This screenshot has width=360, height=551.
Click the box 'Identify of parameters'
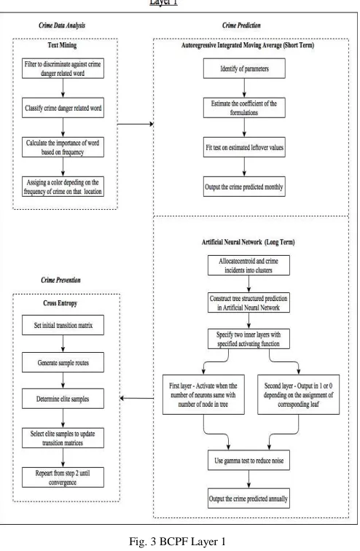(244, 69)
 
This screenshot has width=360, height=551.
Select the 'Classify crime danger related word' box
(63, 108)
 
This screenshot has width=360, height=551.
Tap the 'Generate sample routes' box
(63, 362)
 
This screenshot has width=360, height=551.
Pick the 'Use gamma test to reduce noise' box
(249, 461)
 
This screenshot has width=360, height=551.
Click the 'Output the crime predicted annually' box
(249, 499)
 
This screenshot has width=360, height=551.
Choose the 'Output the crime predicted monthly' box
(244, 187)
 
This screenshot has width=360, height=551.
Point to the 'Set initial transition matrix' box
(63, 325)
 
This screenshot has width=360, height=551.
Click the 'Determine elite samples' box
(63, 399)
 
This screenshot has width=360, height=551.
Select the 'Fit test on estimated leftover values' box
(244, 147)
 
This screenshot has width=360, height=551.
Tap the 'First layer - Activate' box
(203, 394)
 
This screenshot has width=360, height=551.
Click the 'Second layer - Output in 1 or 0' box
(299, 394)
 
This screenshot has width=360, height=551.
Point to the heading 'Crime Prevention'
(60, 280)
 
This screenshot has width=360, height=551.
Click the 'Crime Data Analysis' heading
(62, 26)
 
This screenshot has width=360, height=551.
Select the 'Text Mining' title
(62, 45)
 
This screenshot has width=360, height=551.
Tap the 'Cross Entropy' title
(60, 303)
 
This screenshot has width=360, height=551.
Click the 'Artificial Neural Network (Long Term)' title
(249, 242)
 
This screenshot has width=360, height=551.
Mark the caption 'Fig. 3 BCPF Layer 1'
(177, 541)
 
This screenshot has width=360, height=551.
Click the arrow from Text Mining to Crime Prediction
(136, 124)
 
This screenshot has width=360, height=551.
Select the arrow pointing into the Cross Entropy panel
(136, 398)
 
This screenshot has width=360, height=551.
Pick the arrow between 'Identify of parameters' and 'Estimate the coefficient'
(244, 88)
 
